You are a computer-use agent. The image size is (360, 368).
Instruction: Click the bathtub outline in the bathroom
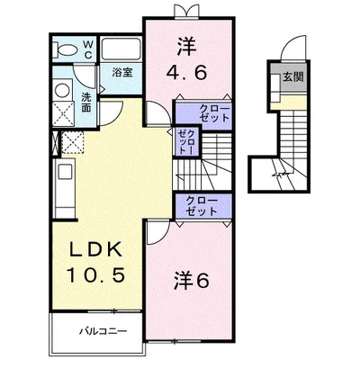point(121,49)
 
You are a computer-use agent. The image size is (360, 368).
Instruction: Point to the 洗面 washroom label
point(86,103)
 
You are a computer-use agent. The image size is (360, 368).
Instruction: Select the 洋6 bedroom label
point(191,280)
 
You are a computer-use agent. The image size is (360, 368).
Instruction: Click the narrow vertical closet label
point(187,142)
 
